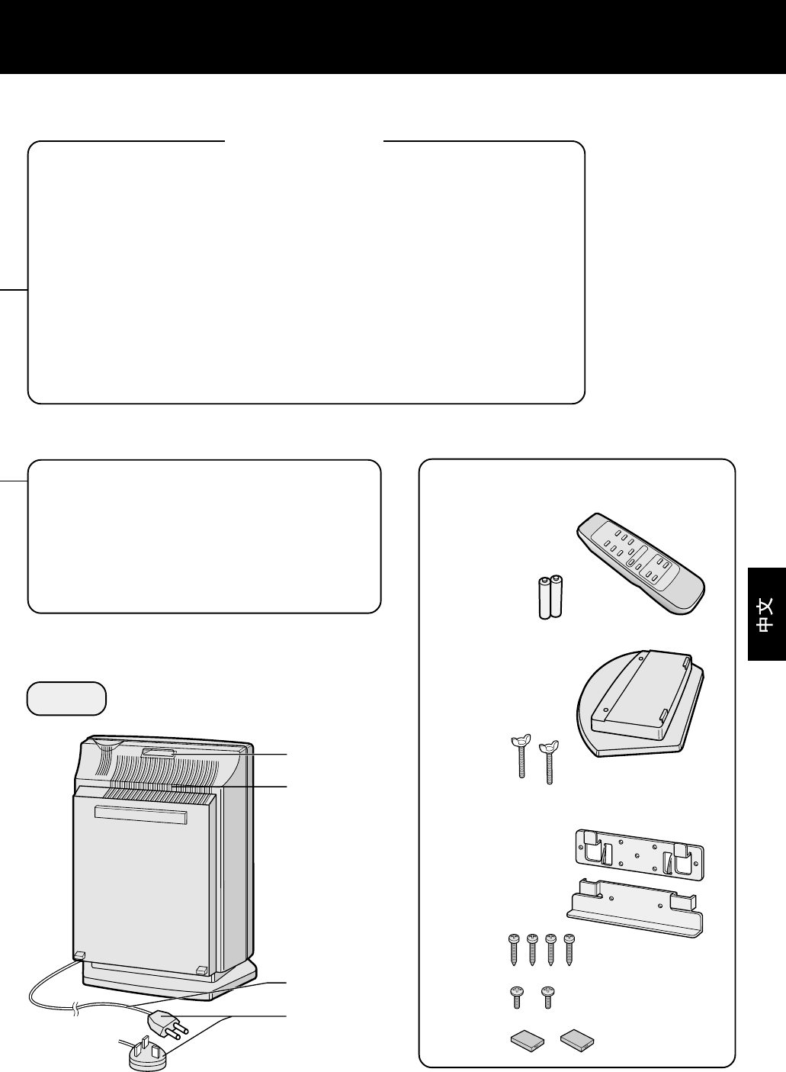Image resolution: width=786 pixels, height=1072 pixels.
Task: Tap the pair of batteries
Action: tap(550, 597)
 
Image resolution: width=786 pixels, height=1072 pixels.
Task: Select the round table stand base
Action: tap(640, 703)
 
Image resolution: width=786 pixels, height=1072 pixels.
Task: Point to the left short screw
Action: tap(516, 997)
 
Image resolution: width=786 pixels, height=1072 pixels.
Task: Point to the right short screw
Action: tap(548, 997)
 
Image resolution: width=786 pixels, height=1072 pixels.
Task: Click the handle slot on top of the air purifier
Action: tap(159, 754)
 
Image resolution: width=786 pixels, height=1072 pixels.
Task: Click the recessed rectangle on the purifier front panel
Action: tap(140, 814)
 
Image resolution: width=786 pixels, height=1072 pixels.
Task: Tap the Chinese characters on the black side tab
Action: tap(766, 614)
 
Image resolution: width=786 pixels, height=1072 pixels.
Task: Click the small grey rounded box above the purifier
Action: tap(66, 699)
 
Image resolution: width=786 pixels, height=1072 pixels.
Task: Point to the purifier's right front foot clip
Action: tap(201, 970)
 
